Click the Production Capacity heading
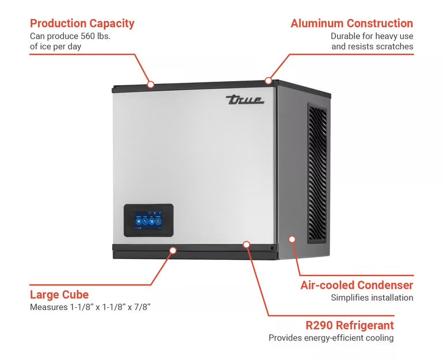82,24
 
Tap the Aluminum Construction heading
352,24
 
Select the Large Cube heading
59,295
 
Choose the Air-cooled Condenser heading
357,285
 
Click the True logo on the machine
245,99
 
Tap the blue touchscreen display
148,221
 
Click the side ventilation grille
317,173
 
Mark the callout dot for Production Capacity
150,85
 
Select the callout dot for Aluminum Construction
268,81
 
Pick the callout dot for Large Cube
173,250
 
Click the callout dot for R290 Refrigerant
246,244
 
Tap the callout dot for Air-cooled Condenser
292,239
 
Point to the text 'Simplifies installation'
372,298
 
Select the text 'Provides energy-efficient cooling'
331,338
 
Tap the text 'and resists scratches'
372,46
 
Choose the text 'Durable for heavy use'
372,36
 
